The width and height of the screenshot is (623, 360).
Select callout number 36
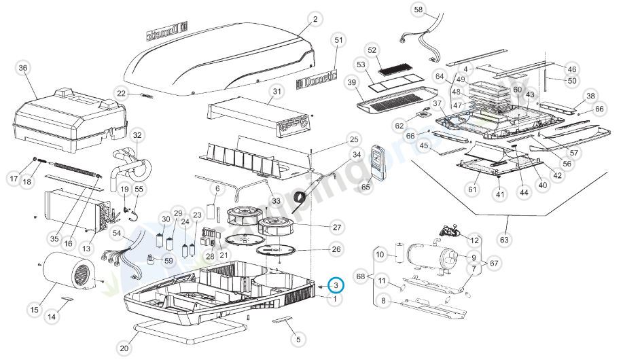pos(24,69)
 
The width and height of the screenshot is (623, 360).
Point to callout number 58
pos(419,10)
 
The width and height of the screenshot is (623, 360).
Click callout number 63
pos(503,239)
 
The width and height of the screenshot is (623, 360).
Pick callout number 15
pos(34,310)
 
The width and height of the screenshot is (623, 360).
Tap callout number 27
pos(336,226)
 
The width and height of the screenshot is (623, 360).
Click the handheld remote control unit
pos(377,163)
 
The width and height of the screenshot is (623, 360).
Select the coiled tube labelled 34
pos(299,198)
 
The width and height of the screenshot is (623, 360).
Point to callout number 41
pos(500,194)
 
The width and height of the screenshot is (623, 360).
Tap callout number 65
pos(367,185)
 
